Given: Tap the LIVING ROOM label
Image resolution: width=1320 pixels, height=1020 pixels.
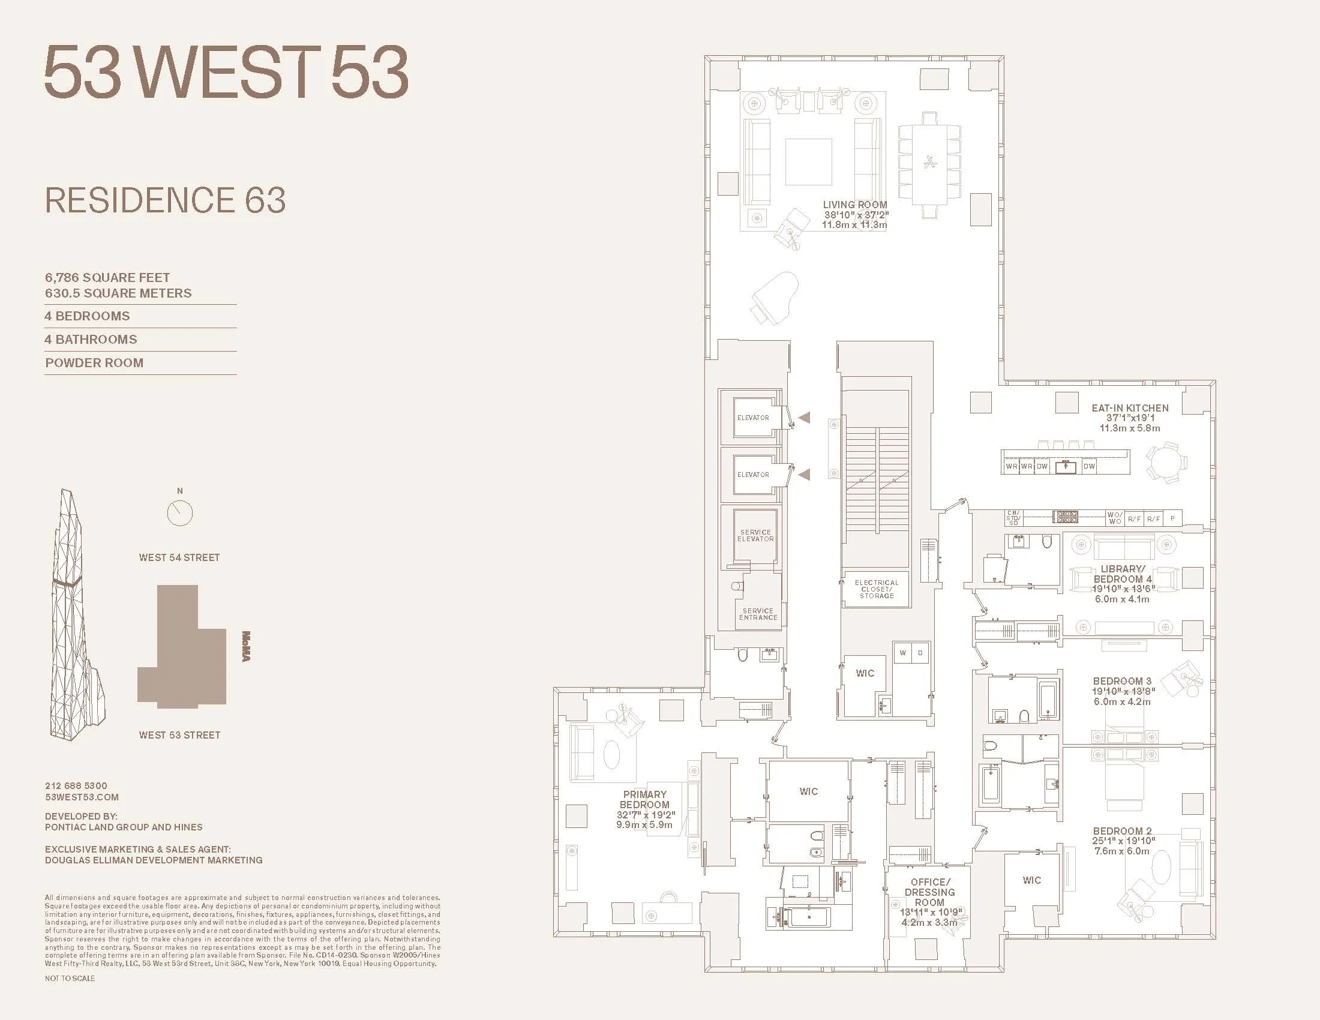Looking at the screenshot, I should tap(854, 205).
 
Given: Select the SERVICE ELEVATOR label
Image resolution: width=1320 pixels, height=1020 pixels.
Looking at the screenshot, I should tap(755, 535).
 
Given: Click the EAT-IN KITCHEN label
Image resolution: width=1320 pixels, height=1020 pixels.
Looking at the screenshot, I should tap(1130, 408).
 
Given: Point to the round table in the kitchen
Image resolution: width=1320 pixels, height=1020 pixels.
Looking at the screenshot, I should tap(1165, 463).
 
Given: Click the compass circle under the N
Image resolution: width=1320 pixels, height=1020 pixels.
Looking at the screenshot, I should tap(179, 513).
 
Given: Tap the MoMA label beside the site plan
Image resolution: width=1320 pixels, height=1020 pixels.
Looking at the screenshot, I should tap(246, 646).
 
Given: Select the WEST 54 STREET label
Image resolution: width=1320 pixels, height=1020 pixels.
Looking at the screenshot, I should tap(179, 557).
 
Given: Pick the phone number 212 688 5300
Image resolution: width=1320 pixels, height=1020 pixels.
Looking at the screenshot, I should tap(76, 785).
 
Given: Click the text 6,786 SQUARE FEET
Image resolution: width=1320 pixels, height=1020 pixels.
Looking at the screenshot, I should tap(107, 277).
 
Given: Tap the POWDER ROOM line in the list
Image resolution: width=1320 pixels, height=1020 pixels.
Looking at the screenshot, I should tap(94, 362).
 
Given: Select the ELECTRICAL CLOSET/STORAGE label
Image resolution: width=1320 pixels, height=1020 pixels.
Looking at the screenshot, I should tap(877, 589).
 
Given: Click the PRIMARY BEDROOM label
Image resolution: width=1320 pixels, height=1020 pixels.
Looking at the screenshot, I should tap(644, 799).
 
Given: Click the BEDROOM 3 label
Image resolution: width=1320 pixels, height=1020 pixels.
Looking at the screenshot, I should tap(1122, 681).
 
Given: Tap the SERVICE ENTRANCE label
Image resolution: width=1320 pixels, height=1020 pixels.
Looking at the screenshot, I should tap(758, 614).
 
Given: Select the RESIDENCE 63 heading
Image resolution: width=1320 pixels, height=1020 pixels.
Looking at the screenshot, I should tap(165, 200).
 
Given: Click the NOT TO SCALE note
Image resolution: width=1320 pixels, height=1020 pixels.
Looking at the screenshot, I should tap(70, 978).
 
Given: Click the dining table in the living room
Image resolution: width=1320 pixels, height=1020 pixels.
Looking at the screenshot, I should tap(929, 163).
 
